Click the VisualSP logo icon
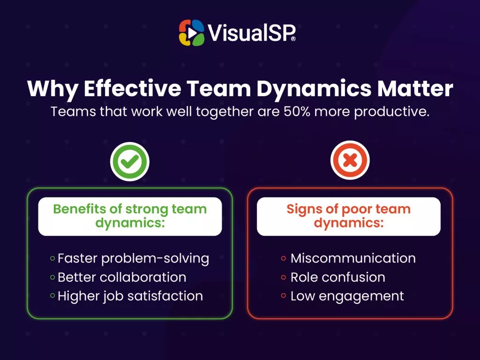pyautogui.click(x=192, y=33)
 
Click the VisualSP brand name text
pyautogui.click(x=252, y=33)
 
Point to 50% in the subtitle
pyautogui.click(x=297, y=112)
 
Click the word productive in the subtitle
pyautogui.click(x=392, y=112)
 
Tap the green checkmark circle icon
pyautogui.click(x=130, y=161)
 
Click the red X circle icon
pyautogui.click(x=350, y=160)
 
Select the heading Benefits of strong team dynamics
pyautogui.click(x=130, y=216)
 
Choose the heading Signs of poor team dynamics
pyautogui.click(x=349, y=216)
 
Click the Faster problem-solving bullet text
pyautogui.click(x=133, y=259)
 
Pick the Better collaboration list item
pyautogui.click(x=122, y=277)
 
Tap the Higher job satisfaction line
pyautogui.click(x=130, y=296)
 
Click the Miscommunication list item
pyautogui.click(x=353, y=258)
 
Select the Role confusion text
pyautogui.click(x=337, y=277)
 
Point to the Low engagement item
pyautogui.click(x=347, y=296)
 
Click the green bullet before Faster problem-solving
pyautogui.click(x=52, y=258)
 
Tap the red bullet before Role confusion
pyautogui.click(x=284, y=277)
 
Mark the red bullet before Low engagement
pyautogui.click(x=284, y=296)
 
